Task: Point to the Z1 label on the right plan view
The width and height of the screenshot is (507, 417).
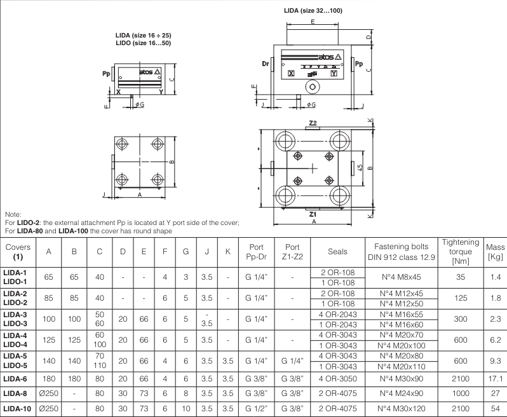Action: coord(312,214)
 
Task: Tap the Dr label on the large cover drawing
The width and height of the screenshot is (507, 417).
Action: coord(265,64)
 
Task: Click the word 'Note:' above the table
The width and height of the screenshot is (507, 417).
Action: coord(13,215)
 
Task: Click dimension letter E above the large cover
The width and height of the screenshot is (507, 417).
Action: coord(313,22)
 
